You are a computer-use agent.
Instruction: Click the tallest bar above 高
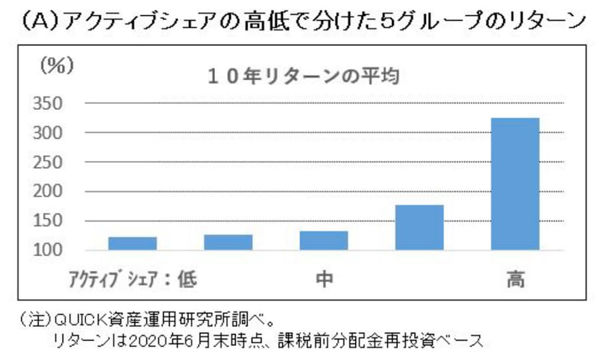514,184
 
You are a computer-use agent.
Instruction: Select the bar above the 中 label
323,240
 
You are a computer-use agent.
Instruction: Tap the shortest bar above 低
132,243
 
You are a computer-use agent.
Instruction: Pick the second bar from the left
228,242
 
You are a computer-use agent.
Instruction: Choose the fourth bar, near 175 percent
419,228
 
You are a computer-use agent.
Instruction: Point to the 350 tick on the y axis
49,104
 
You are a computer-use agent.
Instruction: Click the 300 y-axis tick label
49,133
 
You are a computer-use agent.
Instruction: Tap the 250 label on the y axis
49,162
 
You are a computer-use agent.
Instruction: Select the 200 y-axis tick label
49,192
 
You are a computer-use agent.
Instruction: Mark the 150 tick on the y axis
49,221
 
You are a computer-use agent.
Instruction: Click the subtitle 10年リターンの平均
303,77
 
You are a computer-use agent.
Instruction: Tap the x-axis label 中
324,279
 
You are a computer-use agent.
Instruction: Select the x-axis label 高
514,279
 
